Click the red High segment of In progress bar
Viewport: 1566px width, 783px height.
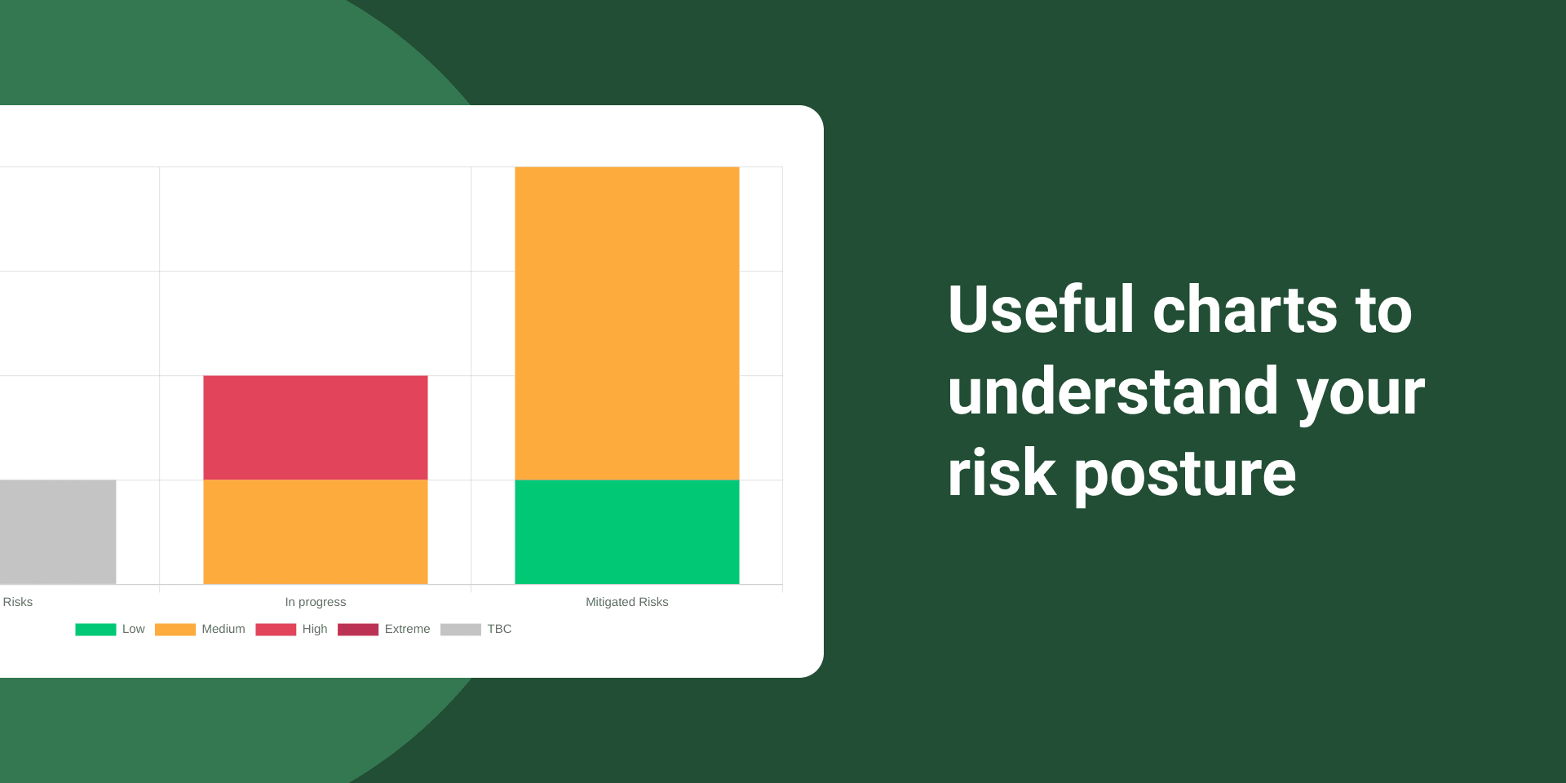(x=316, y=427)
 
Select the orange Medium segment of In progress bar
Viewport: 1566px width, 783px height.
(x=316, y=532)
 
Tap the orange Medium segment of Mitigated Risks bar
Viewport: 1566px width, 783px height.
(x=627, y=323)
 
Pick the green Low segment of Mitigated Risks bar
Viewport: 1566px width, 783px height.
(x=627, y=532)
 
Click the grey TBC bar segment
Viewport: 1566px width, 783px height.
(x=58, y=532)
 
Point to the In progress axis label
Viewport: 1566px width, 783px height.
(x=316, y=602)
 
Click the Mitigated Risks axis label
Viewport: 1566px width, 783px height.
(x=627, y=602)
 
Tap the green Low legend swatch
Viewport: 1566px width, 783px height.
(x=95, y=630)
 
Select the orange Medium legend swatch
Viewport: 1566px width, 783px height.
(x=175, y=630)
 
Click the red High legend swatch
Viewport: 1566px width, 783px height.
(x=276, y=630)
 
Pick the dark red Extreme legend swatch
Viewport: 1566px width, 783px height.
(x=358, y=630)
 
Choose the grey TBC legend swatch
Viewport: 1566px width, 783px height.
(x=461, y=630)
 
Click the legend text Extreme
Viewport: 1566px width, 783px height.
(x=408, y=629)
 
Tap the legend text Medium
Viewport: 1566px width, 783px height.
(x=223, y=629)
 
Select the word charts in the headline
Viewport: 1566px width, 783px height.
(x=1245, y=309)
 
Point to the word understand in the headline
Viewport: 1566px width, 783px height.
(x=1113, y=391)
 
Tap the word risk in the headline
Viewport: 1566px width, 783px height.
(x=1002, y=472)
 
